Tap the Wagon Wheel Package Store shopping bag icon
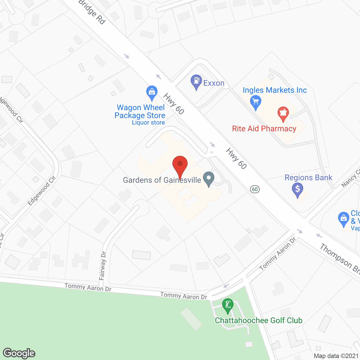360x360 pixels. tap(152, 93)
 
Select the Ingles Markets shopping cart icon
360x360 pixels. tap(255, 102)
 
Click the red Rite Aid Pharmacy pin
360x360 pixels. tap(283, 113)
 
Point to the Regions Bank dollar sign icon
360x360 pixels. tap(298, 189)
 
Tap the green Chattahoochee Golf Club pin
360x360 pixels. tap(228, 305)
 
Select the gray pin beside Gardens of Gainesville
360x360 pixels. tap(209, 179)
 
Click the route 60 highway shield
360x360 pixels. tap(255, 189)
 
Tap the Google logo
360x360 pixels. tap(19, 353)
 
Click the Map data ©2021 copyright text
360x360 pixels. tap(336, 356)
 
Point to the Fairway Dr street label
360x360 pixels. tap(103, 266)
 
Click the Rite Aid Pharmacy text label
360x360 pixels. tap(264, 129)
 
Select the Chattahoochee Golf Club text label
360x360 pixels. tap(258, 321)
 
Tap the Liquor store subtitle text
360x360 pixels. tap(148, 123)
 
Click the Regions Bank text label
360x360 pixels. tap(308, 178)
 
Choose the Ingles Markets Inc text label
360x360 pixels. tap(274, 90)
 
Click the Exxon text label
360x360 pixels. tap(214, 83)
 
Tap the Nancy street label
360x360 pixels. tap(350, 179)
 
